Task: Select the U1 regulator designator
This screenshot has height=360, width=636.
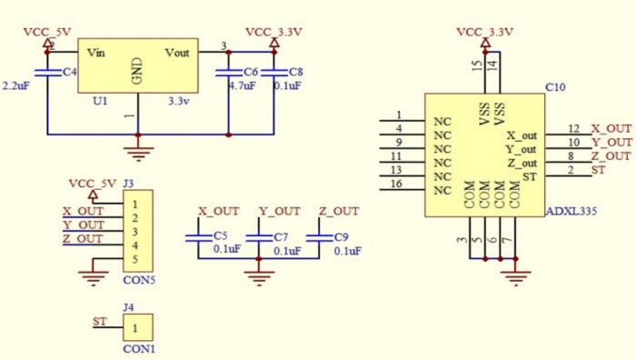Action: [x=100, y=101]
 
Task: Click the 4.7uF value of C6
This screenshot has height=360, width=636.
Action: [x=241, y=85]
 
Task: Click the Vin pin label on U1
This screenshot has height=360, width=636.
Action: [x=97, y=53]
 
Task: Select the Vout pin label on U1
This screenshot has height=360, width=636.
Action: [x=177, y=53]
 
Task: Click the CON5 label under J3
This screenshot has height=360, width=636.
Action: [x=140, y=280]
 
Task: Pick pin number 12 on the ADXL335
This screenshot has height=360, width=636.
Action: [x=572, y=129]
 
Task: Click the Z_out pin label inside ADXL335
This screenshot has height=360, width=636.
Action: [x=522, y=163]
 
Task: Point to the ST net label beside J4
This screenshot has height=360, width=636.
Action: [x=100, y=322]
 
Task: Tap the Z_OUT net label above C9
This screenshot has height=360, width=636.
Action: [x=339, y=211]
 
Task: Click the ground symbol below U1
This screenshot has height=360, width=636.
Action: [x=138, y=151]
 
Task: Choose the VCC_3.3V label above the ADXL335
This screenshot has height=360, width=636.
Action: [x=485, y=32]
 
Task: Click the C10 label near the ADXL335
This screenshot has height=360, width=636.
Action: [x=555, y=87]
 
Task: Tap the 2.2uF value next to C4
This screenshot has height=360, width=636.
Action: [x=18, y=85]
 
